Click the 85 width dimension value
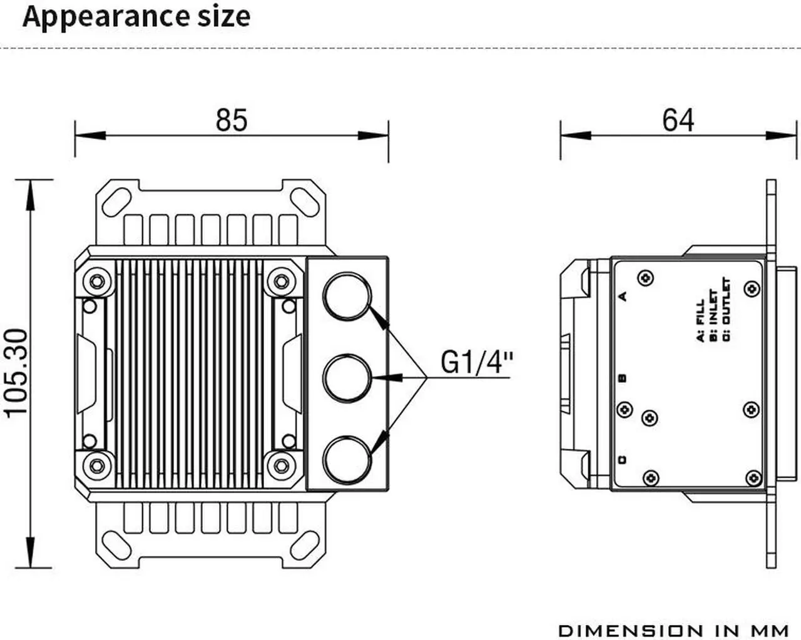pos(232,119)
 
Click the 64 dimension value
pos(678,119)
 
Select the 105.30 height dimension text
pos(17,372)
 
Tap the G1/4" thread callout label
pos(477,362)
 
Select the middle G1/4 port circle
pos(347,377)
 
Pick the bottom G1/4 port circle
pos(347,460)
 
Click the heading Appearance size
pos(136,17)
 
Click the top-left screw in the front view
pos(96,282)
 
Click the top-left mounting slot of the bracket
pos(116,201)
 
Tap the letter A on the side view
pos(622,296)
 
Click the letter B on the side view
pos(622,378)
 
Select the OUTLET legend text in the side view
pos(726,302)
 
